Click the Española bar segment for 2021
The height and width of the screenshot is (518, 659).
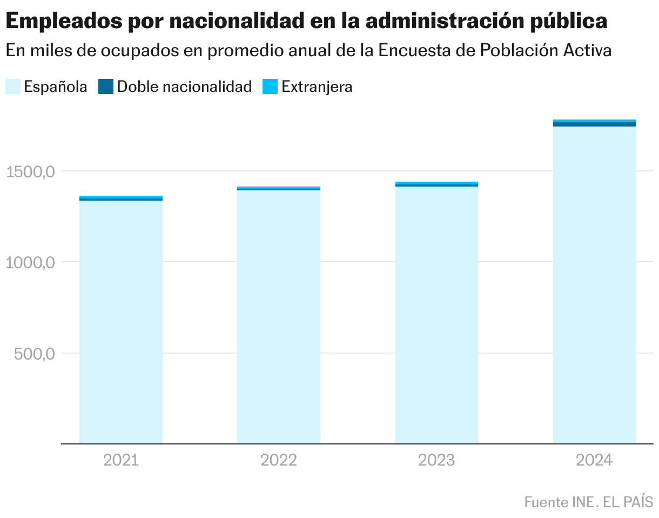(121, 322)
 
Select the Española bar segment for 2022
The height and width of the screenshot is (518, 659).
(279, 317)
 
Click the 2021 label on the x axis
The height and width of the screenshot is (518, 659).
(121, 460)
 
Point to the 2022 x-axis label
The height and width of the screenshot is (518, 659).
(279, 460)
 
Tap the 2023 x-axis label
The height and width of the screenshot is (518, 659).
(436, 460)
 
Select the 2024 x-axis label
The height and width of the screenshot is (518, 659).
(594, 460)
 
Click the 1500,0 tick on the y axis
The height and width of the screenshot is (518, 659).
(30, 172)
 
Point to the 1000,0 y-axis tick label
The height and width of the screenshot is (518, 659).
(30, 263)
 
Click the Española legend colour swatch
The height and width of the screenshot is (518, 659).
(13, 87)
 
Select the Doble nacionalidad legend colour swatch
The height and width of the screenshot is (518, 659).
(106, 87)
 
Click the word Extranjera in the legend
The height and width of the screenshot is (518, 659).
(317, 87)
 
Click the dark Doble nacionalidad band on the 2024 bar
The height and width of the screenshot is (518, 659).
(594, 124)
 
